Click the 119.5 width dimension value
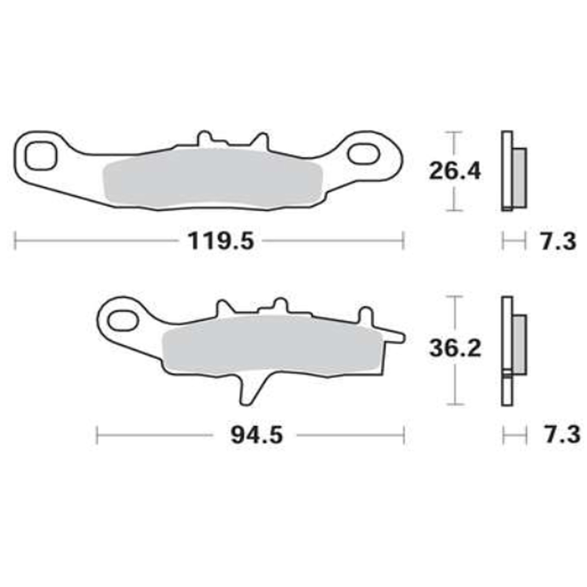point(221,241)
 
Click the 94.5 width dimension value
point(256,435)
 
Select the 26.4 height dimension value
point(455,171)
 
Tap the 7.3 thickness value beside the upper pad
point(559,242)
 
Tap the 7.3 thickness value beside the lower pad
point(562,435)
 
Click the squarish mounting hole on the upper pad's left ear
point(41,156)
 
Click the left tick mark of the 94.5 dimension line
point(97,435)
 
